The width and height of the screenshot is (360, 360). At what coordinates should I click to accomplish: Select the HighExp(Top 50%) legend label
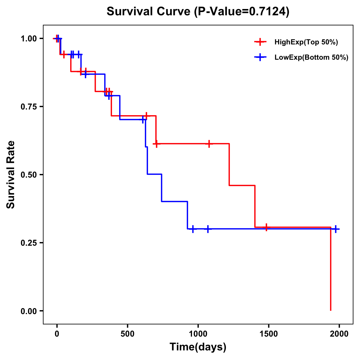[x=306, y=42]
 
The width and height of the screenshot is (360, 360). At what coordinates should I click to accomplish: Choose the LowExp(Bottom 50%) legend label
[x=311, y=57]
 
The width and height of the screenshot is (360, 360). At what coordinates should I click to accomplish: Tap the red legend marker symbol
[x=260, y=42]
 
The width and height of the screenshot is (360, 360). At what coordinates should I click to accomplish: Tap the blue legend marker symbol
[x=260, y=57]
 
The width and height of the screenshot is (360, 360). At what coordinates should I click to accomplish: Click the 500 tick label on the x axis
[x=127, y=334]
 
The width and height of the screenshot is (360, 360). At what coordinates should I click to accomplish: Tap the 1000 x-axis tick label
[x=198, y=334]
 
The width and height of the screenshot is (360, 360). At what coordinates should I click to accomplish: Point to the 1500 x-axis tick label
[x=268, y=334]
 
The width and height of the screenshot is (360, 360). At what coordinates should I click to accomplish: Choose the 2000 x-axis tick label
[x=339, y=334]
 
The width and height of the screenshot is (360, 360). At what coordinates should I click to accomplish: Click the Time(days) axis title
[x=198, y=347]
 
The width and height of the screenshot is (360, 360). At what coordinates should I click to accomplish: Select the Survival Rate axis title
[x=11, y=175]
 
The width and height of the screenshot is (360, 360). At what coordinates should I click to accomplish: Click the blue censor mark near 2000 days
[x=336, y=229]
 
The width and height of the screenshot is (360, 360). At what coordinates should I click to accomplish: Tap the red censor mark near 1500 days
[x=266, y=227]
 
